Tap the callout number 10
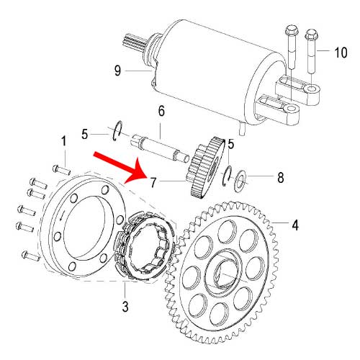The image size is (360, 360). point(340,52)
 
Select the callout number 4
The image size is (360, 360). point(294,223)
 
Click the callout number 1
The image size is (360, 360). point(63,140)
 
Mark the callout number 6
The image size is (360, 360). point(161,112)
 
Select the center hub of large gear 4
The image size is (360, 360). point(223,275)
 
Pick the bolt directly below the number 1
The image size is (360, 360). point(60,170)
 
